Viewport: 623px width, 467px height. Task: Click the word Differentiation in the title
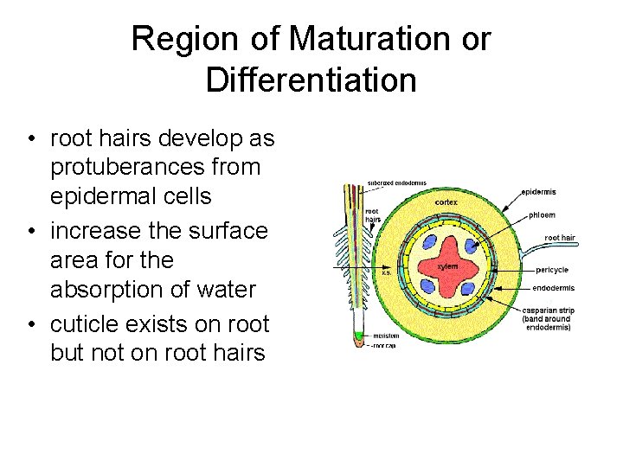point(311,80)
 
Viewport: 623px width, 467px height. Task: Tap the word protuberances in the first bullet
point(156,167)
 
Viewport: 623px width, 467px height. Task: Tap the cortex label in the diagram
point(446,202)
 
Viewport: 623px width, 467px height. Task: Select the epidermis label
point(538,191)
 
